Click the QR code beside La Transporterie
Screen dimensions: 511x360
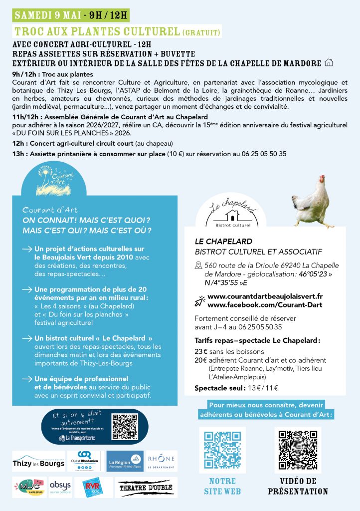click(x=124, y=427)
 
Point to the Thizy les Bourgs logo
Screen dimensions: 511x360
click(x=38, y=461)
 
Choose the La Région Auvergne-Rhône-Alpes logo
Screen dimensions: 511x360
click(x=125, y=461)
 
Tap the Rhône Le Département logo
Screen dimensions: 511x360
click(x=162, y=461)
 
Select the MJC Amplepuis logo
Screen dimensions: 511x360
click(x=29, y=487)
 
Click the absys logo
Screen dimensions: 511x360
click(x=60, y=487)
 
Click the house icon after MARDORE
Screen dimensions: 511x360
click(x=328, y=63)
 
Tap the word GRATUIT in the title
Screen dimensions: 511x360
click(x=201, y=32)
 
